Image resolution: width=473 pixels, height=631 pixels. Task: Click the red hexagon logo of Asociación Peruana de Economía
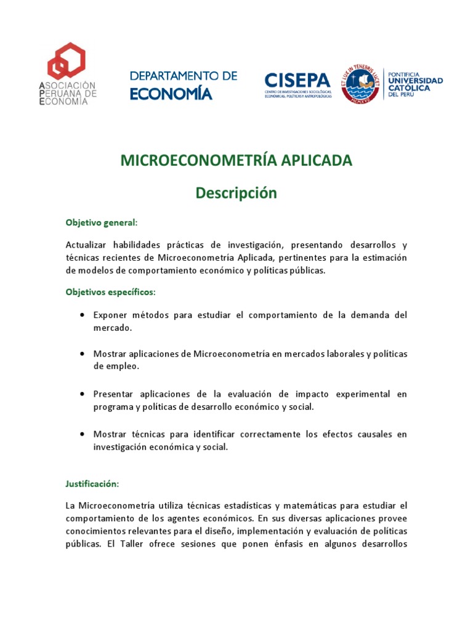(x=68, y=62)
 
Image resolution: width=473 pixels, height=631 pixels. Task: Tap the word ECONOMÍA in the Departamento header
(x=171, y=93)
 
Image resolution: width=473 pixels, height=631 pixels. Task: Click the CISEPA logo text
(x=298, y=80)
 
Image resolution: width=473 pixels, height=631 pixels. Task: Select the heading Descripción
(x=236, y=193)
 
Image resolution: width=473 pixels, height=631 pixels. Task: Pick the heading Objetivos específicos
(x=111, y=291)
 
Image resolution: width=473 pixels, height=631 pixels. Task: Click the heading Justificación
(x=92, y=485)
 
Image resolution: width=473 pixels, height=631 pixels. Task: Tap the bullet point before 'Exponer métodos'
(x=82, y=315)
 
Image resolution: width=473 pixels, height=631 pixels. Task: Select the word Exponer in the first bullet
(x=110, y=315)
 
